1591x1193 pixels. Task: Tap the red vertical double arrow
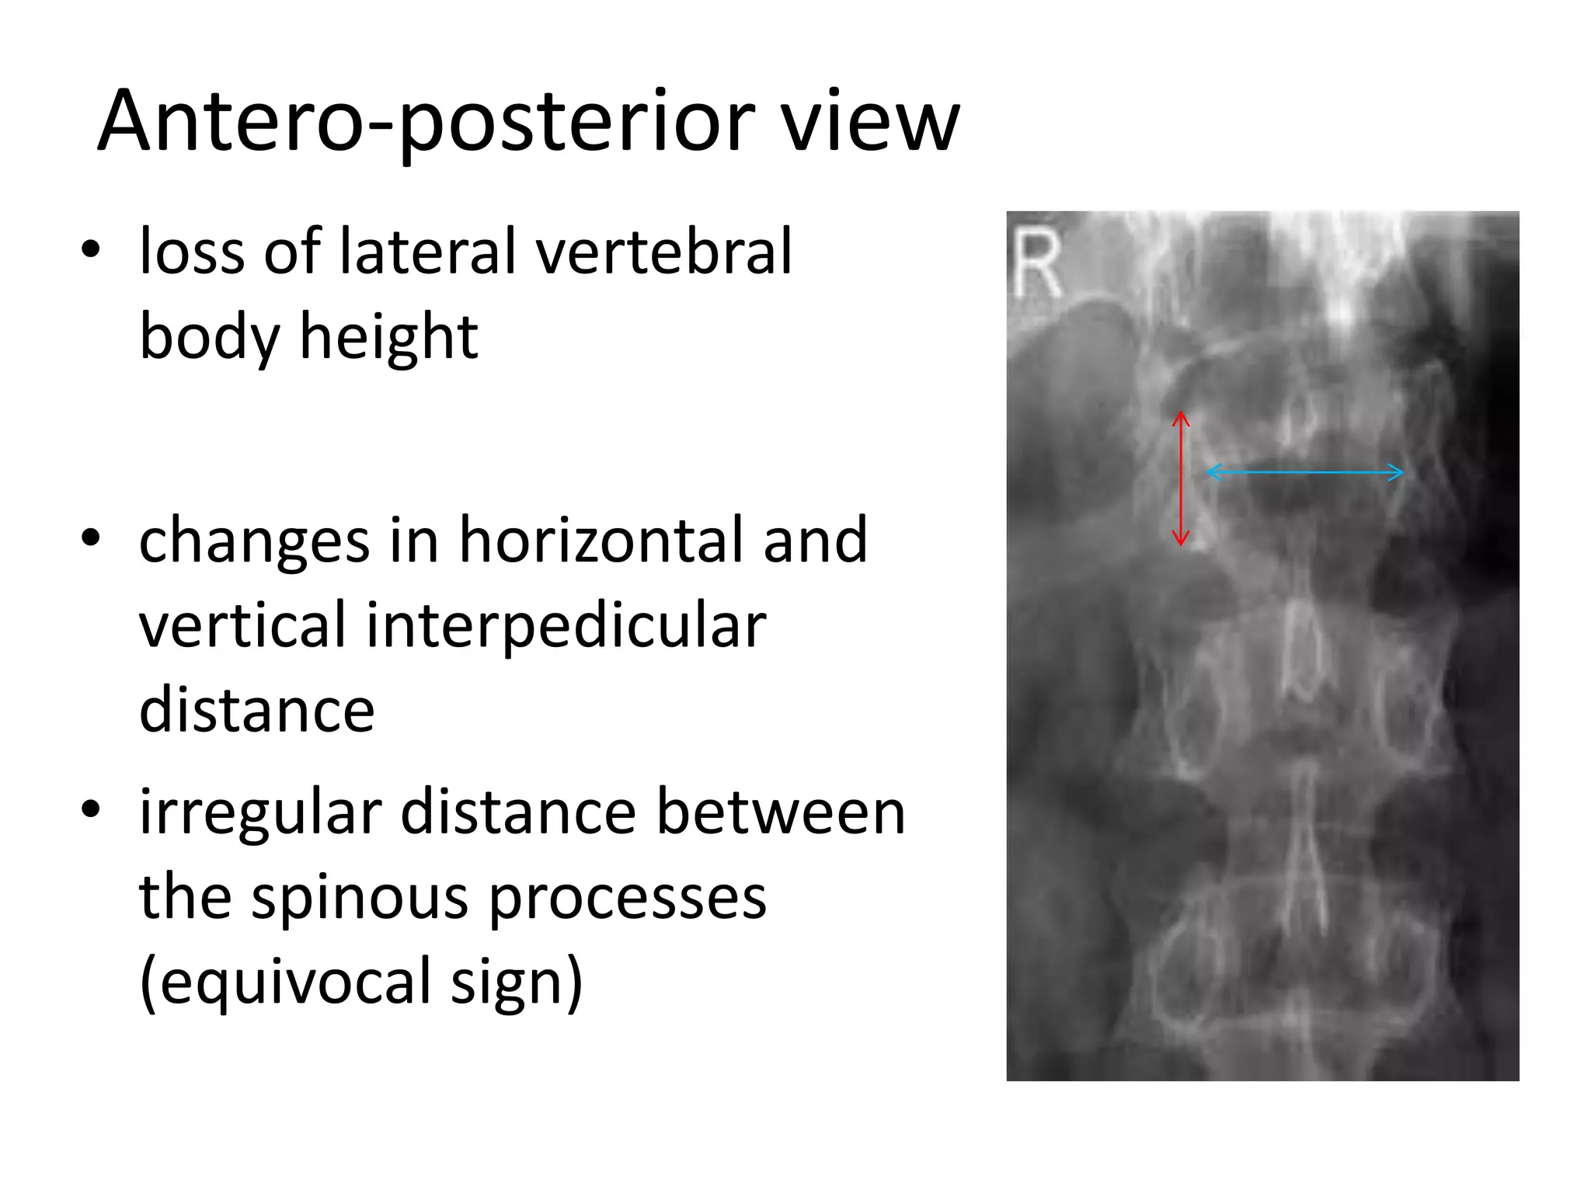click(1181, 478)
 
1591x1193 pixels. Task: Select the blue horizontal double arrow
click(1305, 471)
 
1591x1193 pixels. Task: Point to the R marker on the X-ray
click(1037, 264)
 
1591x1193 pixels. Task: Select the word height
click(388, 337)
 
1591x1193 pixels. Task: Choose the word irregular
click(260, 812)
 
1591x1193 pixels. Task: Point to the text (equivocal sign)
click(361, 983)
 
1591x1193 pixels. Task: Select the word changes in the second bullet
click(254, 541)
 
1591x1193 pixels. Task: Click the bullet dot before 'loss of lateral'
click(91, 250)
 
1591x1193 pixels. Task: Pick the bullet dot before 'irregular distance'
click(91, 809)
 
